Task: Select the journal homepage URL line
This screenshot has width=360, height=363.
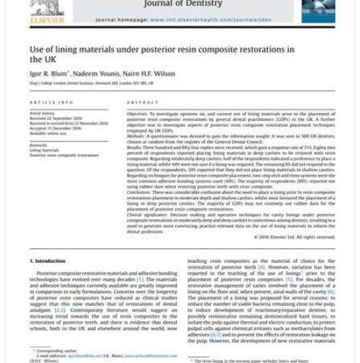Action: (181, 19)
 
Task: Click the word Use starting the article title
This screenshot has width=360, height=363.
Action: (37, 49)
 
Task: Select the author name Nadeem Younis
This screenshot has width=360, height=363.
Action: (96, 73)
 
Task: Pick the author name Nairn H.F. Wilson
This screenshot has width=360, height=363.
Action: (149, 73)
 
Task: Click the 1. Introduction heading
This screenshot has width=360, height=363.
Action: (52, 262)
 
